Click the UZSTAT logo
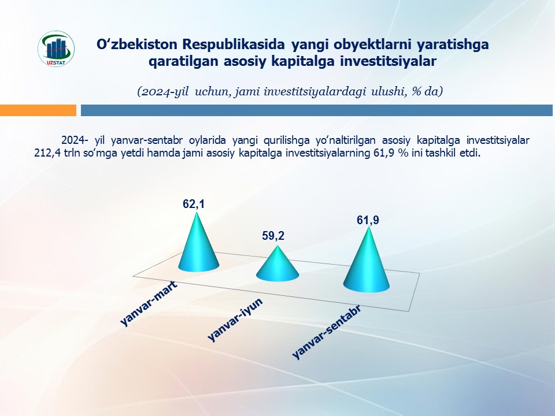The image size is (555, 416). click(56, 49)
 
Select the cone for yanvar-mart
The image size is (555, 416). click(198, 248)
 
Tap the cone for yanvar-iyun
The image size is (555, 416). click(277, 265)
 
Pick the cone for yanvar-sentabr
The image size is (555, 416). click(367, 263)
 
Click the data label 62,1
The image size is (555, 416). click(194, 204)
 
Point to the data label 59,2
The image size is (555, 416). click(273, 236)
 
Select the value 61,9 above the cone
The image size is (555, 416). click(368, 220)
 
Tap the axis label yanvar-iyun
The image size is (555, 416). click(235, 320)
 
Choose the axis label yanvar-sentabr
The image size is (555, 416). click(327, 332)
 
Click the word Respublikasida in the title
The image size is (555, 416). click(234, 44)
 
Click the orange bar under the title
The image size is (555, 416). click(38, 110)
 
